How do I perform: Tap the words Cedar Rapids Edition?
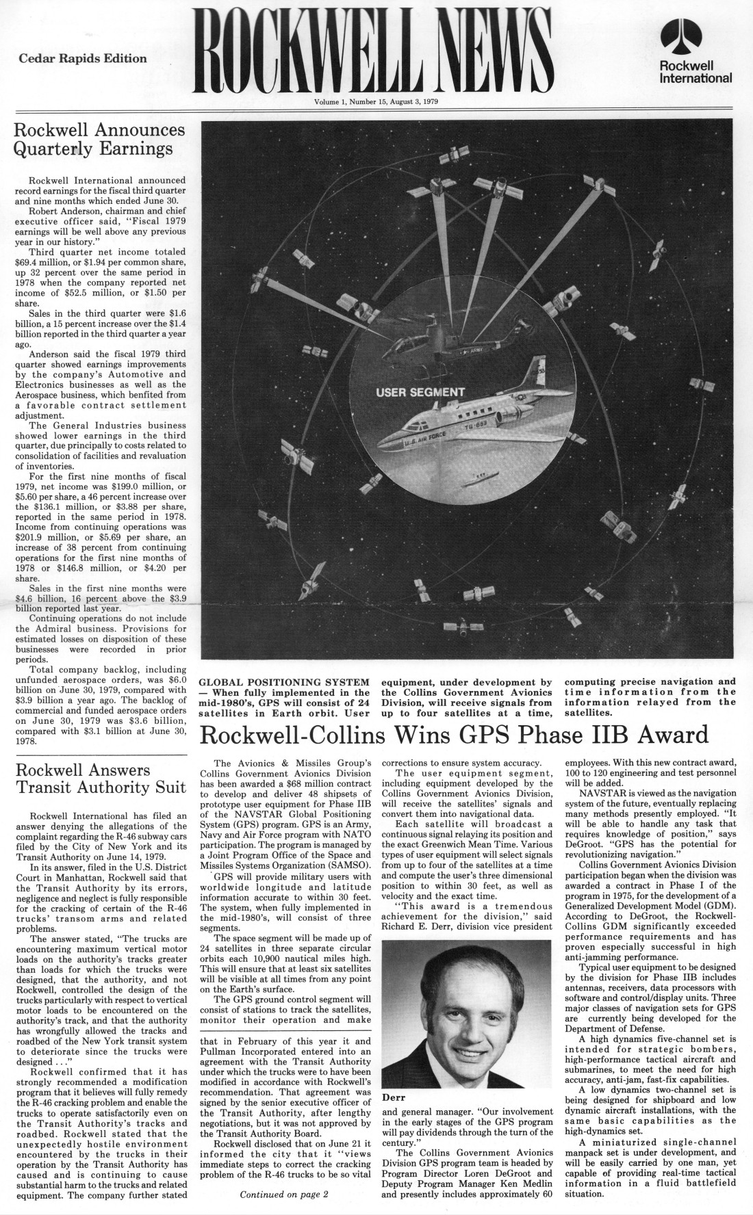coord(82,58)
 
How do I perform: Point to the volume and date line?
coord(376,102)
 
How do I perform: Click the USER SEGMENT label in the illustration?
coord(420,392)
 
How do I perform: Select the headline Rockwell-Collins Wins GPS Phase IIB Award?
coord(453,735)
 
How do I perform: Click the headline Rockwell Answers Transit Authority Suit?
coord(100,778)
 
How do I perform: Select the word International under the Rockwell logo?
coord(695,78)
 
